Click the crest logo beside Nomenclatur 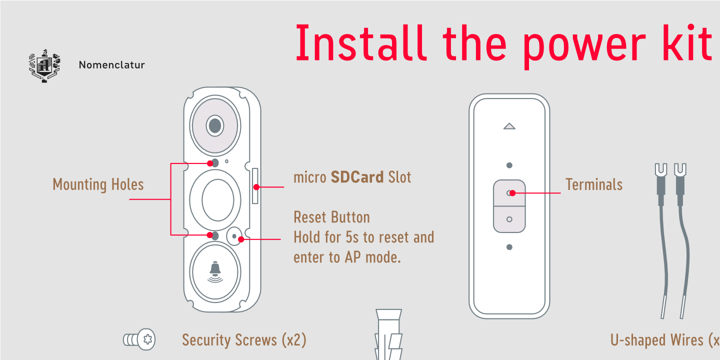click(44, 66)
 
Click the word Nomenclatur click(112, 65)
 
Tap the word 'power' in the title click(583, 46)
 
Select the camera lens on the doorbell click(215, 125)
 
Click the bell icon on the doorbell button click(215, 272)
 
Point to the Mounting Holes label click(98, 184)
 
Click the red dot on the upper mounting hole click(210, 163)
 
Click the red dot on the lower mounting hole click(210, 235)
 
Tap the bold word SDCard click(357, 177)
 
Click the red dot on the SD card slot click(256, 187)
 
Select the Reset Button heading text click(331, 217)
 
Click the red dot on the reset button click(241, 239)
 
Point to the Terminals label click(594, 184)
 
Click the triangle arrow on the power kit click(509, 126)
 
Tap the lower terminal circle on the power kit click(509, 219)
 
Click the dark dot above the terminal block click(509, 165)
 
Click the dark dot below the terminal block click(509, 247)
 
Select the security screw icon click(139, 339)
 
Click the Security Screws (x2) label click(244, 340)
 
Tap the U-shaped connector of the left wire click(661, 170)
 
